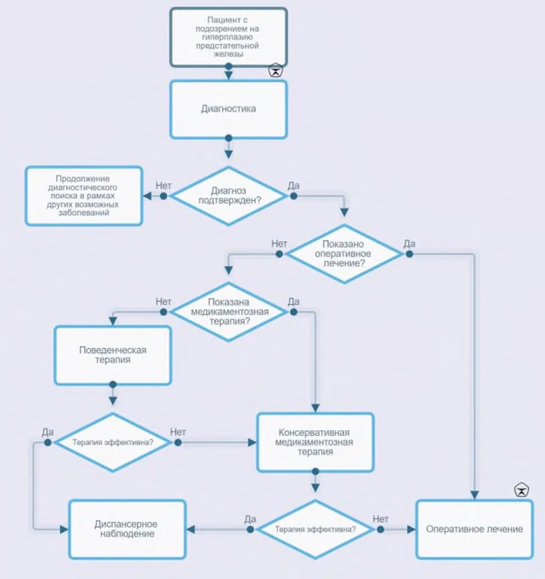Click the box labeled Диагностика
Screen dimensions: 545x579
pyautogui.click(x=229, y=109)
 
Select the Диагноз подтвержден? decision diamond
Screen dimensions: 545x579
pyautogui.click(x=229, y=196)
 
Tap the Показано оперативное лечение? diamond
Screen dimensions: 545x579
pyautogui.click(x=344, y=254)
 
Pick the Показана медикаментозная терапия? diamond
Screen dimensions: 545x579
pyautogui.click(x=229, y=312)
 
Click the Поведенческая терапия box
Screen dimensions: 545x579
pyautogui.click(x=113, y=355)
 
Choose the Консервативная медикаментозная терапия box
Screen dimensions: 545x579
pyautogui.click(x=315, y=442)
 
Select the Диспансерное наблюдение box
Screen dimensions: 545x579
pyautogui.click(x=127, y=529)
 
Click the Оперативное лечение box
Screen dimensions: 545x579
pyautogui.click(x=474, y=529)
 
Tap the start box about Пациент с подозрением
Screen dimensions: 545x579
pyautogui.click(x=229, y=37)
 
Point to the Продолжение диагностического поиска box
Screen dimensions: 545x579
pyautogui.click(x=84, y=196)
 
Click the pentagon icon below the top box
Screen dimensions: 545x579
pyautogui.click(x=275, y=70)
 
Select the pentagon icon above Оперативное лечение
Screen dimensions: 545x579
pyautogui.click(x=521, y=489)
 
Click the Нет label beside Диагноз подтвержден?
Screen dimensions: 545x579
pyautogui.click(x=164, y=185)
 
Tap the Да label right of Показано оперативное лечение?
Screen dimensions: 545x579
pyautogui.click(x=409, y=244)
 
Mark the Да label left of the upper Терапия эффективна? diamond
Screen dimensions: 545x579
pyautogui.click(x=48, y=432)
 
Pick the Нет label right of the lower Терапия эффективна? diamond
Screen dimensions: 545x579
pyautogui.click(x=380, y=519)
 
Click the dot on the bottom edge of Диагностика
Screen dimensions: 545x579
pyautogui.click(x=229, y=138)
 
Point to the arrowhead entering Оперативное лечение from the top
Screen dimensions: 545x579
pyautogui.click(x=474, y=495)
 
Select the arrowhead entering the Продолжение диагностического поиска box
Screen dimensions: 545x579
pyautogui.click(x=147, y=196)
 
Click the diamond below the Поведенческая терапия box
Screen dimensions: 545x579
pyautogui.click(x=113, y=442)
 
